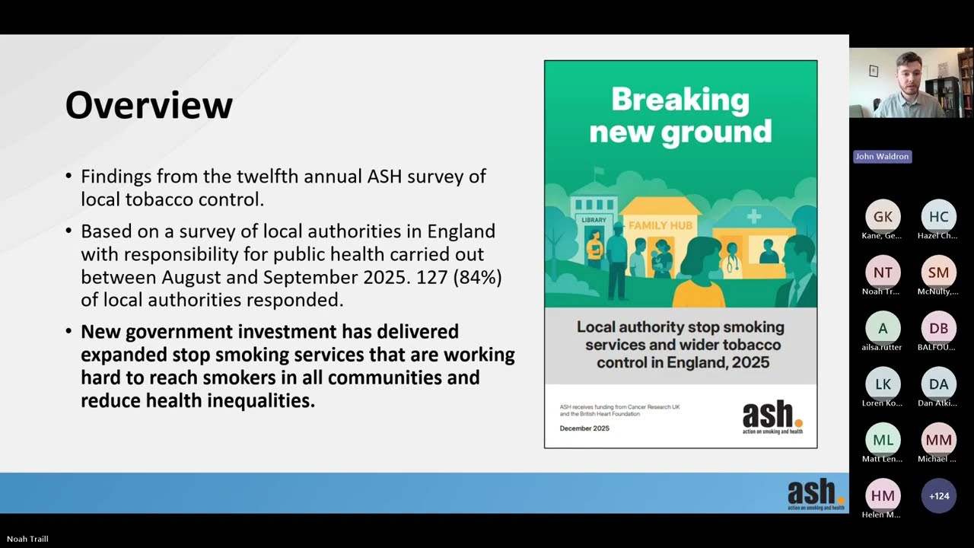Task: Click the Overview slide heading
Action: point(148,105)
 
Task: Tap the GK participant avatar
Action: point(883,217)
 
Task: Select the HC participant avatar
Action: point(939,217)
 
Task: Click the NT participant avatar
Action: point(883,272)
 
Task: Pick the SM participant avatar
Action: point(939,272)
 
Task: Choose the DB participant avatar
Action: point(939,328)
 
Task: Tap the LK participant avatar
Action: point(883,384)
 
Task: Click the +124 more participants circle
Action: point(939,495)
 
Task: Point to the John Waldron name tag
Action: point(882,157)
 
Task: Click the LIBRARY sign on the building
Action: point(594,220)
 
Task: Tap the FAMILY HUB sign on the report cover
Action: point(660,225)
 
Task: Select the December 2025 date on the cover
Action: point(584,429)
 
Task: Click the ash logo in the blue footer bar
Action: point(816,494)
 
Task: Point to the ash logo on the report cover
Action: point(772,418)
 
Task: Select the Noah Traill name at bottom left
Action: point(27,539)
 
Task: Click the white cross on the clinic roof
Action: point(753,216)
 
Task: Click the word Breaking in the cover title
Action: point(680,100)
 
